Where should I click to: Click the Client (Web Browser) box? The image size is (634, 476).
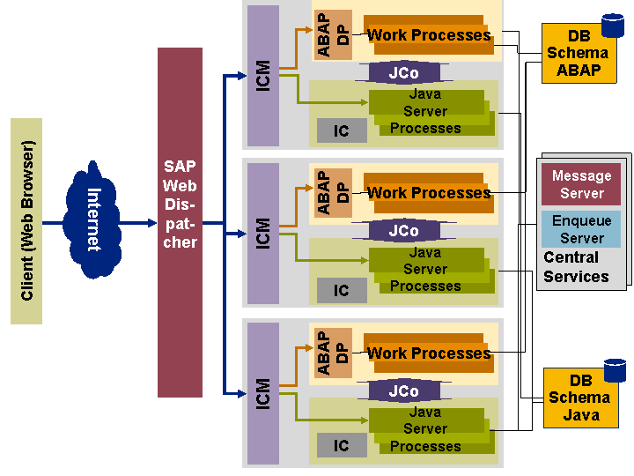[x=26, y=220]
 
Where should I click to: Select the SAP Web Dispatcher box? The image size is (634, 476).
[x=180, y=222]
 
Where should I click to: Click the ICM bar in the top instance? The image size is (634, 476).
[x=262, y=76]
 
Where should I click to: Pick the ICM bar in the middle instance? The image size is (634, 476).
[x=262, y=234]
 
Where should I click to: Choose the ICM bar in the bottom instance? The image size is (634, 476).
[x=262, y=393]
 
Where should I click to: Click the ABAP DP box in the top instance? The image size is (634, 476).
[x=334, y=34]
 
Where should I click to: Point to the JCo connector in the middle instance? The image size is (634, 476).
[x=403, y=231]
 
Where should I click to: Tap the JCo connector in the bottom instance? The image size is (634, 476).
[x=403, y=390]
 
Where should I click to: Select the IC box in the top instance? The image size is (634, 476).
[x=342, y=130]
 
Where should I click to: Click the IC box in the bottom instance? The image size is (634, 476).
[x=342, y=446]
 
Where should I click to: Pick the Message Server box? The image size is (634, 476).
[x=581, y=184]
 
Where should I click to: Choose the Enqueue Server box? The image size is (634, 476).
[x=581, y=229]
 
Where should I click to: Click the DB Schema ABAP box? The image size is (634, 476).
[x=578, y=54]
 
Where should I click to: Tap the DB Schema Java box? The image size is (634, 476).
[x=579, y=398]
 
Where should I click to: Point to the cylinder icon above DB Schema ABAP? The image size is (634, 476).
[x=613, y=26]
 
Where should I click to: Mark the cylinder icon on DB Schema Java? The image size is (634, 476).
[x=615, y=370]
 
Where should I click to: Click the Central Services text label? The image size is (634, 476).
[x=576, y=267]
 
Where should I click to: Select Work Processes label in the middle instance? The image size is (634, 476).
[x=428, y=192]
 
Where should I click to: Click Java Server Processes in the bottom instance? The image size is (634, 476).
[x=426, y=429]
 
